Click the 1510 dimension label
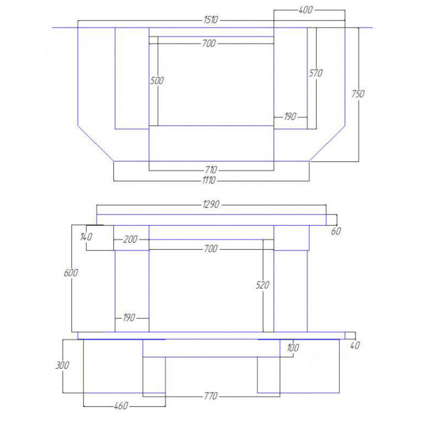211,20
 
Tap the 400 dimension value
306,10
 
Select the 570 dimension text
316,73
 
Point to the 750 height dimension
358,94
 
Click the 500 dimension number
157,81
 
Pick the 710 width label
211,170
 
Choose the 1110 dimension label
209,180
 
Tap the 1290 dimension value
211,205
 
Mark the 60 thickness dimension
336,231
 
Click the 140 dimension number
86,236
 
